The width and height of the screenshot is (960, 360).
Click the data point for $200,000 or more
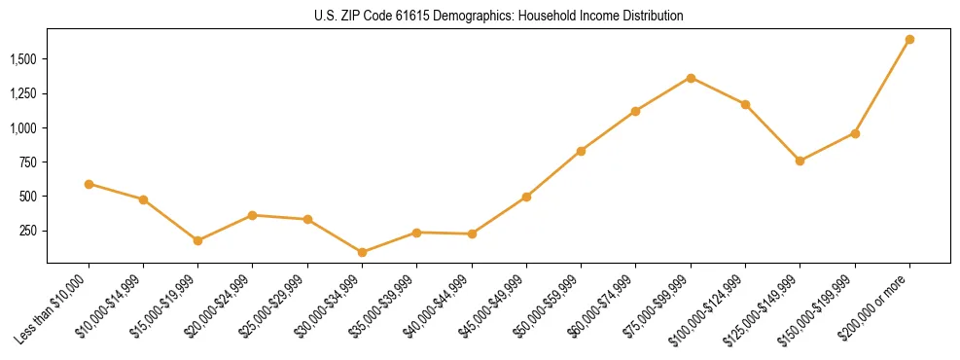[909, 40]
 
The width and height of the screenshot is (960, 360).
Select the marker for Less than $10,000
[89, 184]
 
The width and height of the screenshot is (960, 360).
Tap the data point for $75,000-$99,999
[691, 78]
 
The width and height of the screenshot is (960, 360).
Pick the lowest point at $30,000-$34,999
[362, 252]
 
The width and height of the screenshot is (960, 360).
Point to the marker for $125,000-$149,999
[800, 161]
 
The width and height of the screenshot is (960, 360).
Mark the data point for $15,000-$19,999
[197, 240]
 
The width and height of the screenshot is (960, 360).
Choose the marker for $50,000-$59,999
[581, 151]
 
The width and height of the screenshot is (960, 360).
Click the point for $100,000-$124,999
[745, 104]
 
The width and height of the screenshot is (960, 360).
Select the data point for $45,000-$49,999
[526, 197]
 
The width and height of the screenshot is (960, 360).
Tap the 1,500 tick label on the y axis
[22, 59]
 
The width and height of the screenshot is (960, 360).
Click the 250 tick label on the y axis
[27, 231]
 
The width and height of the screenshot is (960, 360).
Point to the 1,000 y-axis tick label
[22, 127]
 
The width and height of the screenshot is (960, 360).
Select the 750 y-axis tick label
[27, 162]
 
